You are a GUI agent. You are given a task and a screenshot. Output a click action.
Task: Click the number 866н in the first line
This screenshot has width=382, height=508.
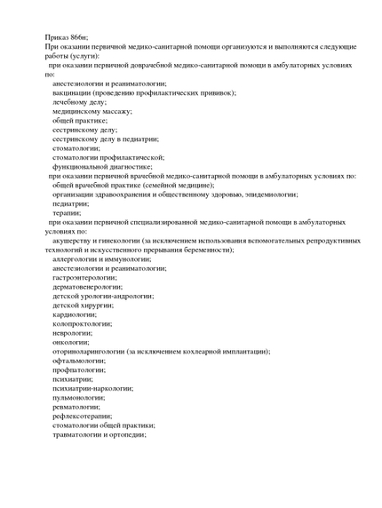tap(77, 36)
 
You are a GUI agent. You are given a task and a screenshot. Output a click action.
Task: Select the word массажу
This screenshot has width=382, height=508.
tap(111, 111)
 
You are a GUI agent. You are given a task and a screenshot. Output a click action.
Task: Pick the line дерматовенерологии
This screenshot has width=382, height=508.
tap(87, 287)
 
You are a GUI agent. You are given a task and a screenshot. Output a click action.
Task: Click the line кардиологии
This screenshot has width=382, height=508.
tap(74, 314)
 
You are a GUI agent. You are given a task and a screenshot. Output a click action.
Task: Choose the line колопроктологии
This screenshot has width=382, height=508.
tap(82, 323)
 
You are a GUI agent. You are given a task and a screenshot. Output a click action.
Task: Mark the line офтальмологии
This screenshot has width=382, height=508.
tap(78, 361)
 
